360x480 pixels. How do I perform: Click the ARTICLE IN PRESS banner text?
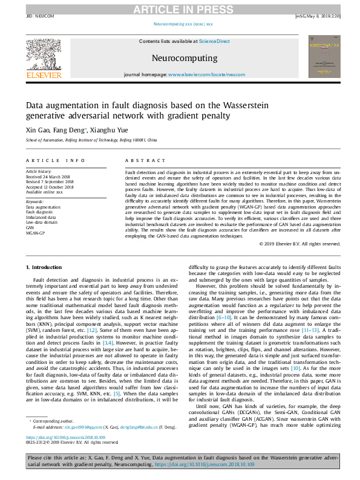[179, 8]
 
